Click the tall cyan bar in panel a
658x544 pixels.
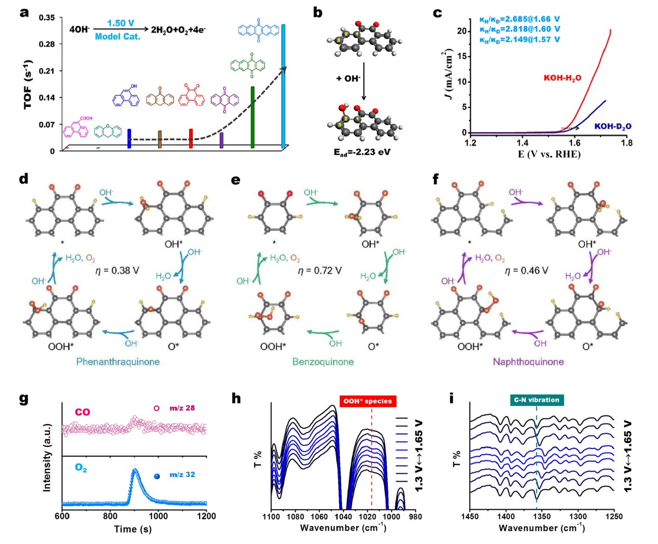tap(283, 86)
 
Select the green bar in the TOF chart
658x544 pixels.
tap(253, 117)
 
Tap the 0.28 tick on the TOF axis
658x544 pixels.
tap(47, 44)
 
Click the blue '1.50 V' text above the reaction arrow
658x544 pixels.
tap(121, 23)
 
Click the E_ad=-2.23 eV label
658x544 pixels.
tap(362, 153)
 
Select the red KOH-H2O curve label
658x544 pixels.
tap(563, 78)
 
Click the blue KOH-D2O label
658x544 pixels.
tap(613, 127)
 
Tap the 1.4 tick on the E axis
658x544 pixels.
tap(522, 143)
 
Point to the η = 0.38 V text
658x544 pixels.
tap(117, 271)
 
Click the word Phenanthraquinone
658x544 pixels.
tap(118, 362)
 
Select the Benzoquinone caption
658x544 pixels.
tap(323, 362)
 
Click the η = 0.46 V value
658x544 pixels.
tap(527, 271)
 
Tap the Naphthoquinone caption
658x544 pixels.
tap(528, 362)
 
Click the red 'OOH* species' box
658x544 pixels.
tap(368, 401)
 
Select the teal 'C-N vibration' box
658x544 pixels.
tap(537, 400)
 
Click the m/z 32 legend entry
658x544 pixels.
tap(175, 475)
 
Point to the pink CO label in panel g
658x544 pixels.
tap(82, 412)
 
